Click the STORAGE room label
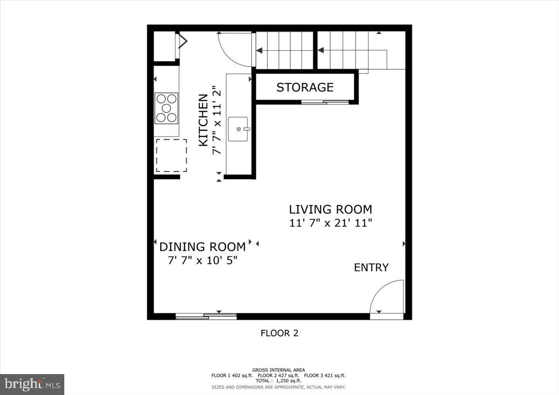point(305,87)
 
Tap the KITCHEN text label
point(204,120)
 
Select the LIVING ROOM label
point(330,209)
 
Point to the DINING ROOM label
point(202,247)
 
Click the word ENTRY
point(371,268)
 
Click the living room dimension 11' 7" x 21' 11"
point(330,223)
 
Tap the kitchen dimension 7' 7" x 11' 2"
point(216,120)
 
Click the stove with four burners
point(166,108)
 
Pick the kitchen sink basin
point(239,129)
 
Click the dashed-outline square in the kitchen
point(171,155)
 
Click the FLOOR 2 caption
point(279,333)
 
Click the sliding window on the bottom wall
point(206,316)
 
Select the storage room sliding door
point(325,101)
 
